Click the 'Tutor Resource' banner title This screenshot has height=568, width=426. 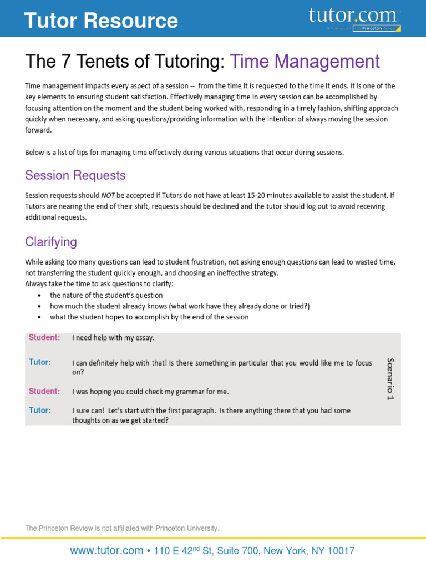tap(101, 21)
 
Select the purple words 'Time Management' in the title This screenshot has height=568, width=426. tap(305, 62)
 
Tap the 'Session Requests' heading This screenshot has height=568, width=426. tap(75, 175)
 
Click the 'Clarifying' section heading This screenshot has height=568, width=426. tap(51, 242)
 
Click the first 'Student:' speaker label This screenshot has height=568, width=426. tap(44, 337)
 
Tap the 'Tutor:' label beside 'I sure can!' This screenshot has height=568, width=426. tap(40, 410)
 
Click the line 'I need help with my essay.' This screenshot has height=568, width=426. tap(113, 338)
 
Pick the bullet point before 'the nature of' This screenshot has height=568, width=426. tap(39, 296)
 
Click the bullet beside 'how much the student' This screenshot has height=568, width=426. tap(39, 306)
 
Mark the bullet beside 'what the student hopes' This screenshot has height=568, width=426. tap(39, 317)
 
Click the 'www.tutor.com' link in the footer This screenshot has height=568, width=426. tap(106, 551)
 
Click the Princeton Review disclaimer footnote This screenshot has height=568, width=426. tap(122, 529)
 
